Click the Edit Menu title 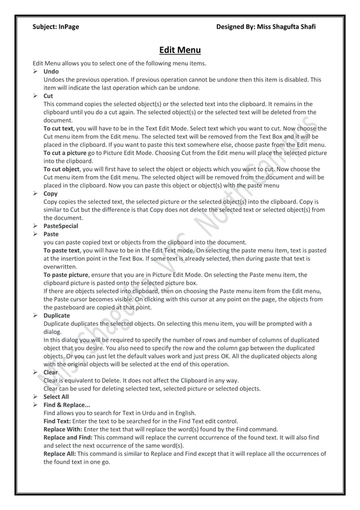pos(179,50)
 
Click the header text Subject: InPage pos(56,27)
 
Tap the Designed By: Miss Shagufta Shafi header pos(266,27)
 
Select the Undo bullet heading pos(51,72)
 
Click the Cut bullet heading pos(49,96)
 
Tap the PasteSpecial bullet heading pos(61,225)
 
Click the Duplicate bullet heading pos(56,315)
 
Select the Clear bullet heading pos(50,372)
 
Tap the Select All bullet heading pos(56,396)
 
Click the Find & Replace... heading pos(67,405)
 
